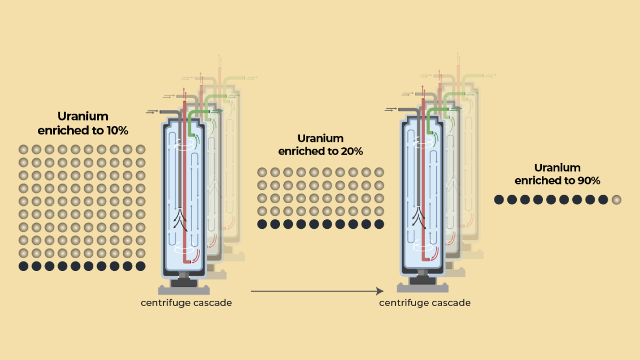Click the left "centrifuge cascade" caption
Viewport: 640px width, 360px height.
pos(186,303)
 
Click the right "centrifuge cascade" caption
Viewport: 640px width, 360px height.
pos(425,303)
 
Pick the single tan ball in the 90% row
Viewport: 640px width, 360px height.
pos(617,200)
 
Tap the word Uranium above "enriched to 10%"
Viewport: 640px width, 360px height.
pos(83,116)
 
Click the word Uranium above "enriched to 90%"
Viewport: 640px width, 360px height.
pos(557,167)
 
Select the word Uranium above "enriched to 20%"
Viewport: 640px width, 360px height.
pos(321,138)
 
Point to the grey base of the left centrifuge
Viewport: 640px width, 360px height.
pos(183,290)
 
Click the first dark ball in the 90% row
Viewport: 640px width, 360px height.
pos(499,200)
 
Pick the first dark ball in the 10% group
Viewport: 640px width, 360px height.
pos(24,266)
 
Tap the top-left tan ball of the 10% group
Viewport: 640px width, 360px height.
pos(24,149)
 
